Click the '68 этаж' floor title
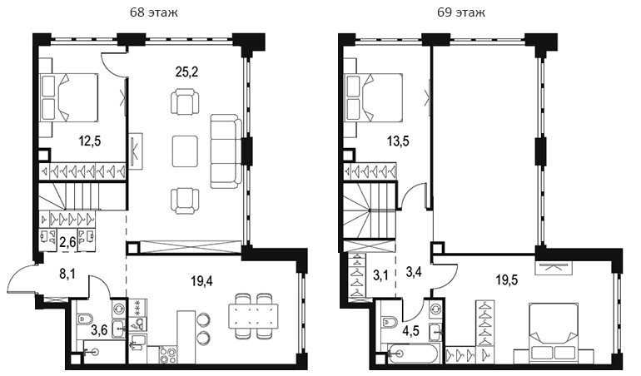tap(154, 12)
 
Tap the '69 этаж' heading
tap(461, 12)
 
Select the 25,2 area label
tap(186, 72)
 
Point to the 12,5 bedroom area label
tap(90, 141)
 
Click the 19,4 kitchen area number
tap(202, 281)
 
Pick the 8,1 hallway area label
tap(67, 274)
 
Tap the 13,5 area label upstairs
tap(398, 141)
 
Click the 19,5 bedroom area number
tap(506, 280)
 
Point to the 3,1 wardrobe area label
tap(380, 274)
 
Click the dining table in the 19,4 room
tap(253, 315)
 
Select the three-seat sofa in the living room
tap(226, 151)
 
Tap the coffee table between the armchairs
tap(185, 151)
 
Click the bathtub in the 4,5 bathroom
tap(414, 354)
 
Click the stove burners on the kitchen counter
tap(168, 354)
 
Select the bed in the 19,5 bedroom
tap(553, 332)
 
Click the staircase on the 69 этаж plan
tap(370, 210)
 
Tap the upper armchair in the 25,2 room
tap(185, 102)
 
